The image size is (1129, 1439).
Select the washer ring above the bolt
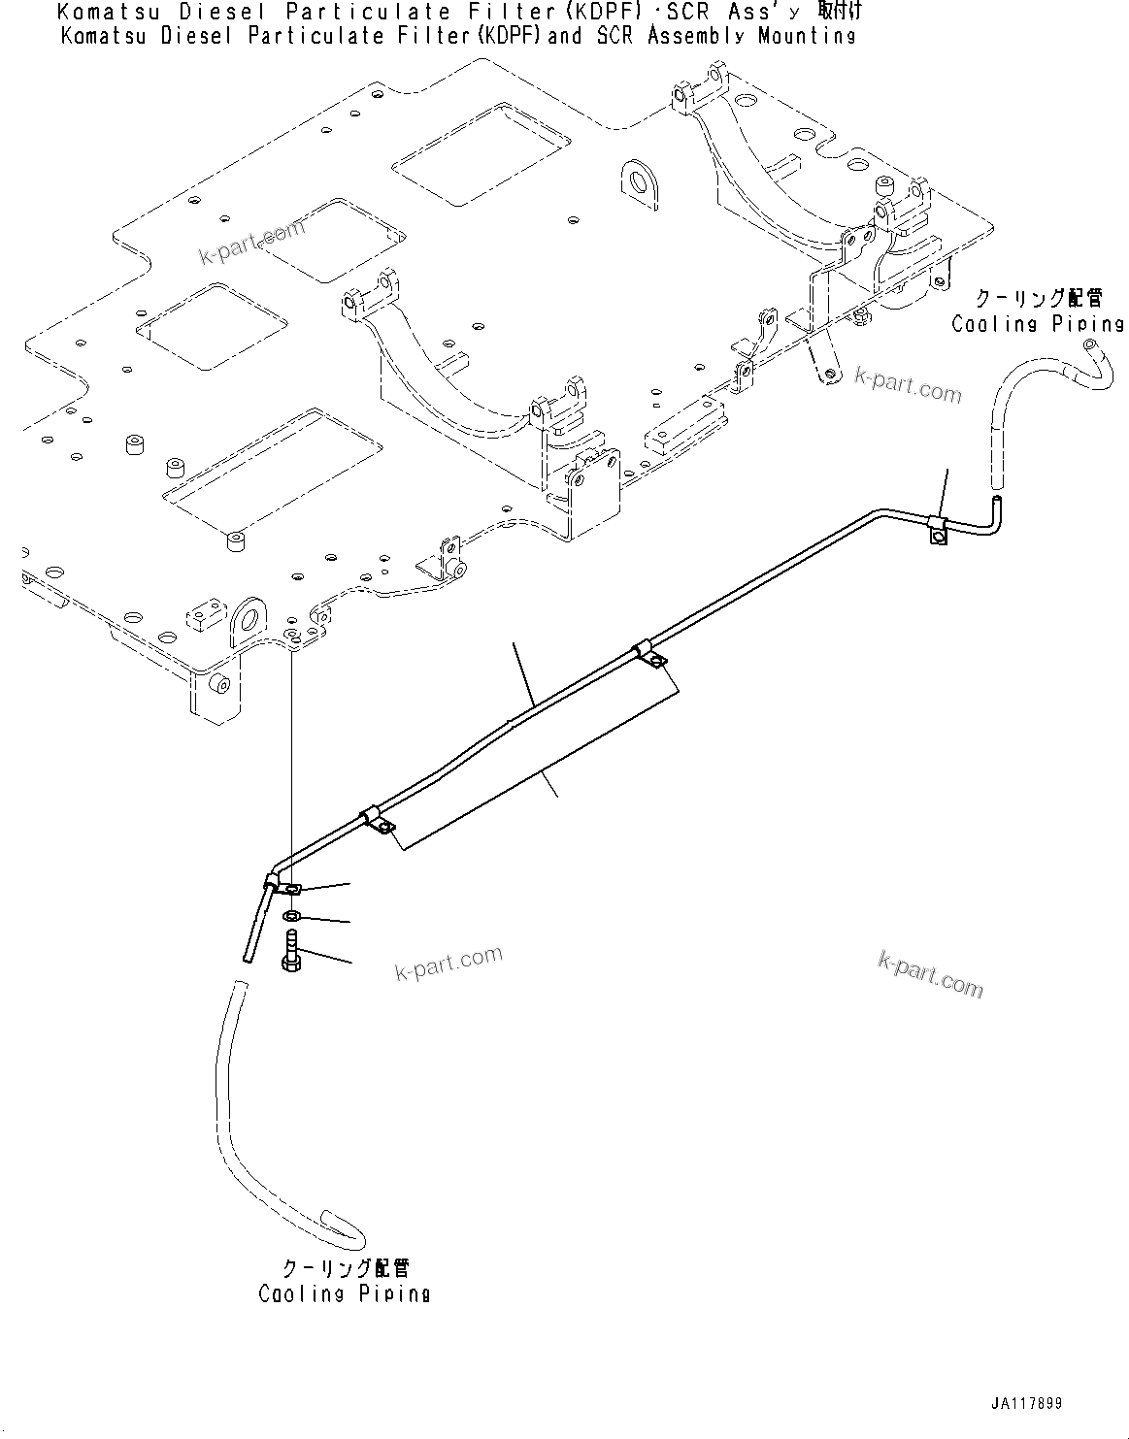(291, 917)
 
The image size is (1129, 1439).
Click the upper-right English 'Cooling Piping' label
(1037, 324)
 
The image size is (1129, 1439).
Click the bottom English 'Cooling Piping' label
(344, 1293)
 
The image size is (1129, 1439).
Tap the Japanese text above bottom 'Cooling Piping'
(345, 1268)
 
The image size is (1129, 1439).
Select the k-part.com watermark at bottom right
(929, 973)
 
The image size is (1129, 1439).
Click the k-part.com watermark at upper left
(252, 243)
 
